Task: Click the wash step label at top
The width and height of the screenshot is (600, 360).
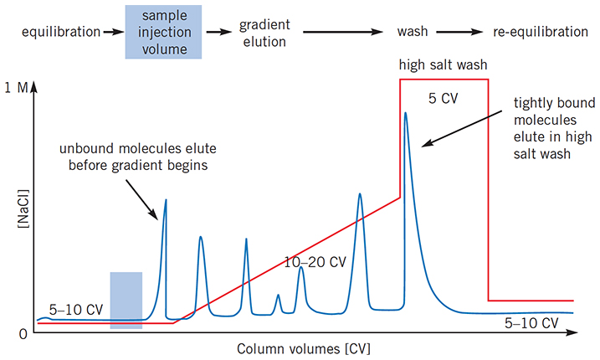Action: [413, 33]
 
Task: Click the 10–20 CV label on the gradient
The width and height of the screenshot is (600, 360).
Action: [315, 262]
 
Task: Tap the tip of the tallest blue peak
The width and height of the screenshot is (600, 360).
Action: [406, 113]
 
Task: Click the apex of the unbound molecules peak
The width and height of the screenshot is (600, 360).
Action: [165, 200]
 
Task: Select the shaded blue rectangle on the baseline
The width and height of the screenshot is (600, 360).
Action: [126, 300]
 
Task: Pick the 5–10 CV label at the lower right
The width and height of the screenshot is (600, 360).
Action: [533, 323]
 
